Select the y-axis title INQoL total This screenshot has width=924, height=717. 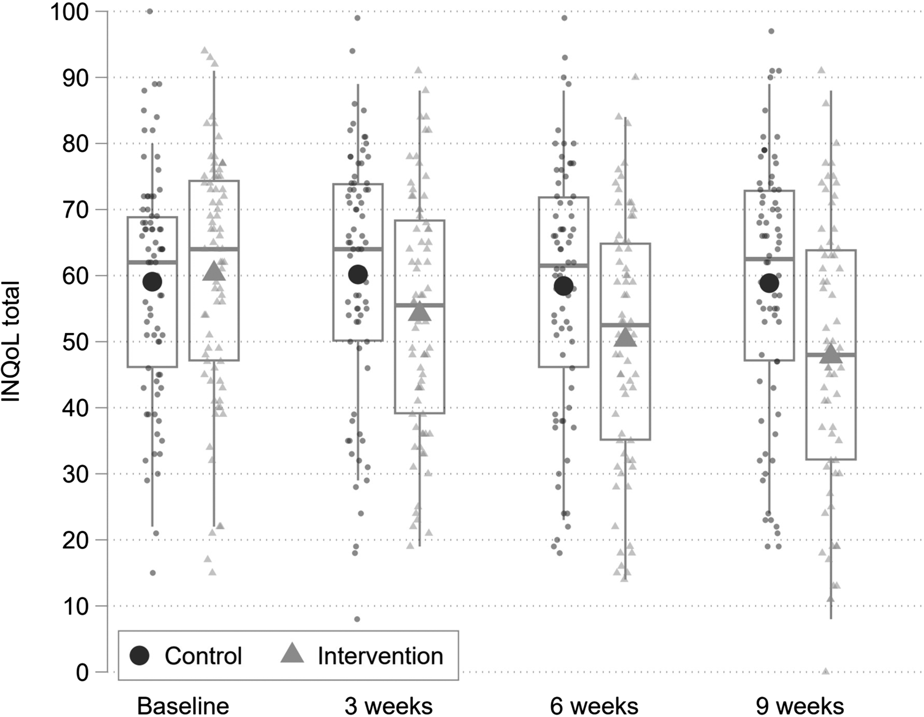11,342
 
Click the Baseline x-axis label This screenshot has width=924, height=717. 183,706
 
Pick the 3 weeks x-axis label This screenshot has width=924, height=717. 388,706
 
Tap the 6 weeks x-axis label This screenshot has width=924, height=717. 594,706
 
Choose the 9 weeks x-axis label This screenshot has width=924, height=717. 800,706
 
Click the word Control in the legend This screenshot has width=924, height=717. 203,656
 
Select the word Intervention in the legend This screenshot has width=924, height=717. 380,656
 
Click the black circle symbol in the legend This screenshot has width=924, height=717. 139,655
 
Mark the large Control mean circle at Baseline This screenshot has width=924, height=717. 152,282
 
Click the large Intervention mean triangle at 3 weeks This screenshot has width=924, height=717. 419,312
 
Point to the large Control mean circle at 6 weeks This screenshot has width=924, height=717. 564,286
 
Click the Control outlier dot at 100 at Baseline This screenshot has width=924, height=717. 150,11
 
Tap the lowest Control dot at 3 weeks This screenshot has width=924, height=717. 357,619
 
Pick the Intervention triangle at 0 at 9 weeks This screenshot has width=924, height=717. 826,671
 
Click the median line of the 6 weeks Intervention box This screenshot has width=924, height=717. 625,325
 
